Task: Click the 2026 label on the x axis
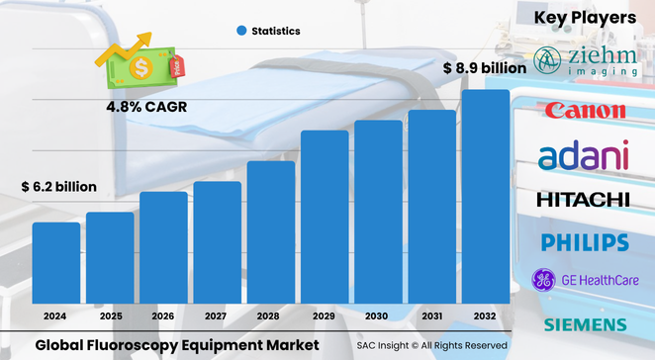[163, 316]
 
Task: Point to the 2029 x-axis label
[324, 316]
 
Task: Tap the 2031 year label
[431, 316]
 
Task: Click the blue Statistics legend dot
[240, 32]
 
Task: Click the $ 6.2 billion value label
[59, 187]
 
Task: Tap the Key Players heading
[585, 18]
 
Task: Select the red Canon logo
[584, 110]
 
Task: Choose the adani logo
[584, 154]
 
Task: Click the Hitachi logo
[584, 200]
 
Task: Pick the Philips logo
[584, 242]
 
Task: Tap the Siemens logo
[584, 324]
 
